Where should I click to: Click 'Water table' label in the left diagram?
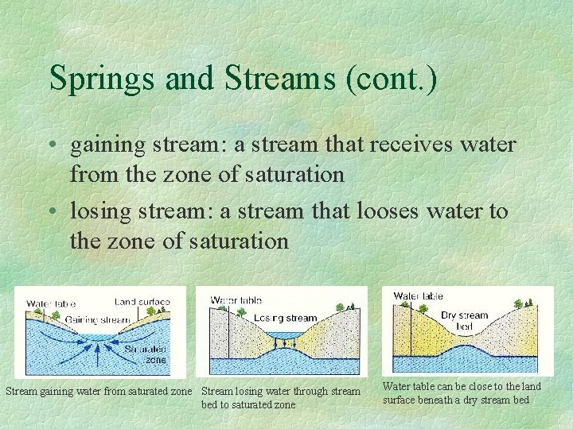(x=51, y=303)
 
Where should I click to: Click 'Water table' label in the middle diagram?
(x=236, y=300)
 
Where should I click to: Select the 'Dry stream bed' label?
(x=464, y=321)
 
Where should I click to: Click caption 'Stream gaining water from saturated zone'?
(x=99, y=391)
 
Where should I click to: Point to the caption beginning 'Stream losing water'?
(x=280, y=397)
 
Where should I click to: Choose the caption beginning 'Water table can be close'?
(x=462, y=392)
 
